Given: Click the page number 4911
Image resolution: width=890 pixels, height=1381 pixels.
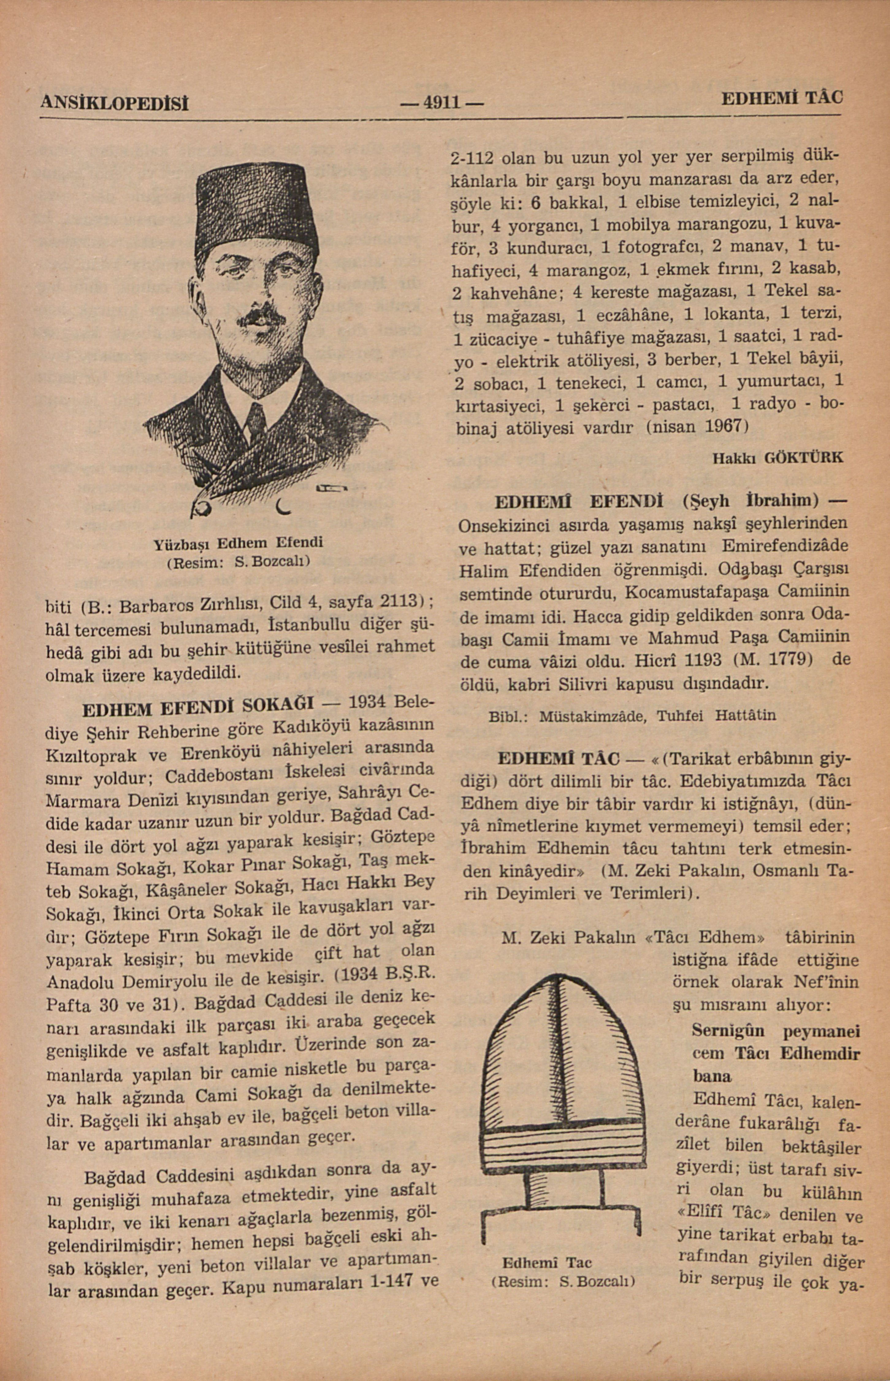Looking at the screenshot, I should (x=442, y=103).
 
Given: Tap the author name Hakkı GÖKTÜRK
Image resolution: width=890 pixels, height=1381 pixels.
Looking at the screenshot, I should (x=777, y=458).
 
